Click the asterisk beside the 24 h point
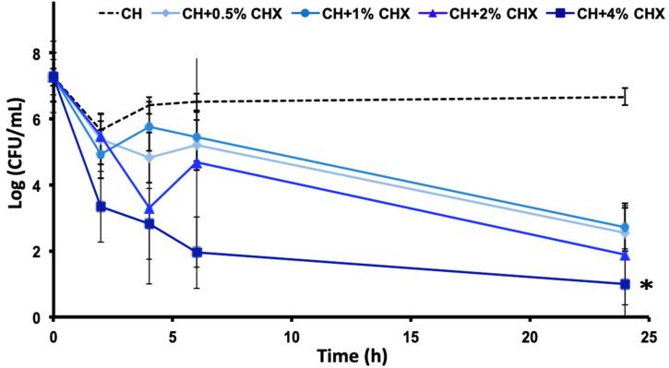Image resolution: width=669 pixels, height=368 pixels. tap(646, 287)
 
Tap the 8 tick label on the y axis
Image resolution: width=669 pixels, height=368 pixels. tap(37, 53)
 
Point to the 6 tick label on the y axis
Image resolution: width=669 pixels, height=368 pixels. tap(37, 120)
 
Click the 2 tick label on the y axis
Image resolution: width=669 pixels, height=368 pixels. tap(37, 252)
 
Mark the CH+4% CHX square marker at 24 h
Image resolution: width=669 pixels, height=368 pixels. tap(625, 284)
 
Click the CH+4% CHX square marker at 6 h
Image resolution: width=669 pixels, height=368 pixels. tap(197, 252)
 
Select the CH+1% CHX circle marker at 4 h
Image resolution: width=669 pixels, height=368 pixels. tap(149, 126)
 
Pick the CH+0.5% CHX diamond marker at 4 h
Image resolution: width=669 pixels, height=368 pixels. tap(149, 158)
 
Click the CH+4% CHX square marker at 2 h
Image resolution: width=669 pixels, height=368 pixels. tap(102, 207)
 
